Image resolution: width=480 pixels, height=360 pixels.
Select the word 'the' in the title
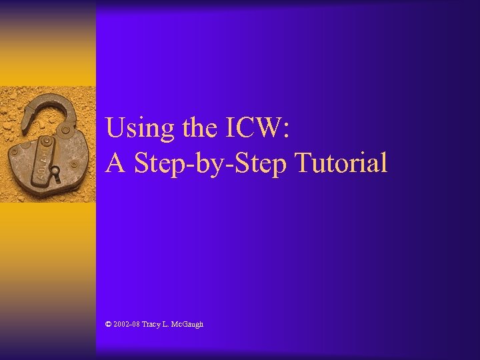tap(195, 127)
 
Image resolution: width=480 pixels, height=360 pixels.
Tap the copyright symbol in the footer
tap(109, 324)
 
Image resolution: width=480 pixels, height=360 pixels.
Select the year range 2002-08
tap(127, 324)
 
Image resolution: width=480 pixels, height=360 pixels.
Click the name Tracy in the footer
tap(152, 324)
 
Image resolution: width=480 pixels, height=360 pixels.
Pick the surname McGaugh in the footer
tap(189, 324)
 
